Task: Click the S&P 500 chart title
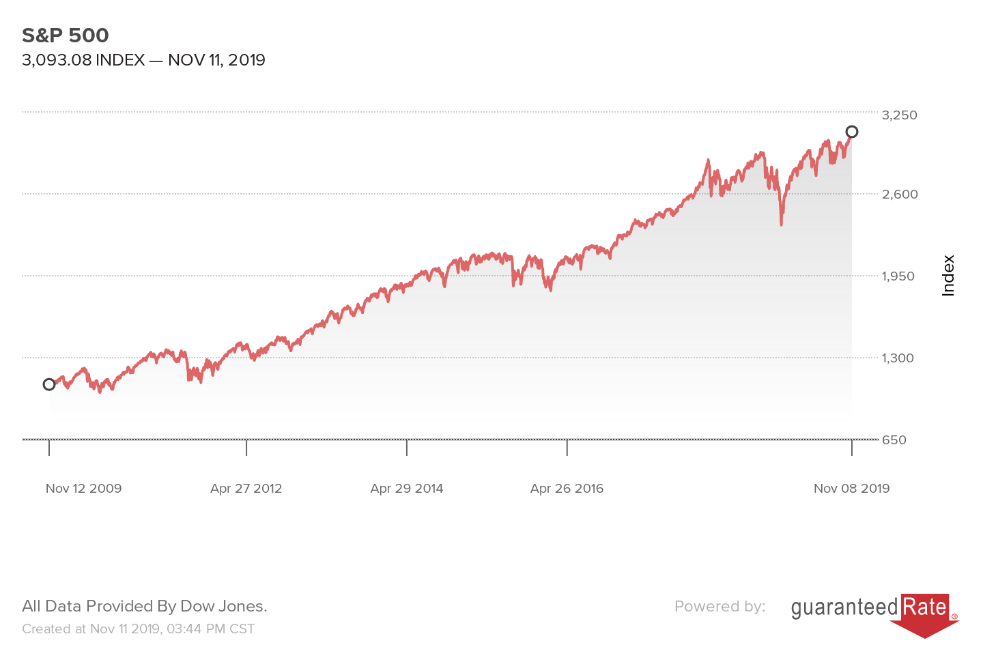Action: (66, 35)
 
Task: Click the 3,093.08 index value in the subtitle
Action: (57, 60)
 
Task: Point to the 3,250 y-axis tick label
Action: (900, 115)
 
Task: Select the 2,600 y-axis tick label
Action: (900, 194)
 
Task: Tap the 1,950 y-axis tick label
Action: (898, 276)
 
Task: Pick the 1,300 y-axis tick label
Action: (898, 358)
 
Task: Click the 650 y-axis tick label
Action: (894, 440)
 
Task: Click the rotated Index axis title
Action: (948, 276)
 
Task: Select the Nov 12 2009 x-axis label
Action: (83, 489)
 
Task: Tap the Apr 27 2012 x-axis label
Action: (246, 489)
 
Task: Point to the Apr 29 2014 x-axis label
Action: (407, 489)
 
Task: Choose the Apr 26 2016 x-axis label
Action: (567, 489)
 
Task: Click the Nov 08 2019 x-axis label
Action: (851, 489)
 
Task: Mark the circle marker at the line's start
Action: (49, 384)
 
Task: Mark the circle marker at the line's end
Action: (852, 132)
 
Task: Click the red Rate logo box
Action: (925, 607)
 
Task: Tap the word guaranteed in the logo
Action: (844, 607)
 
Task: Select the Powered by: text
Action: (720, 606)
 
